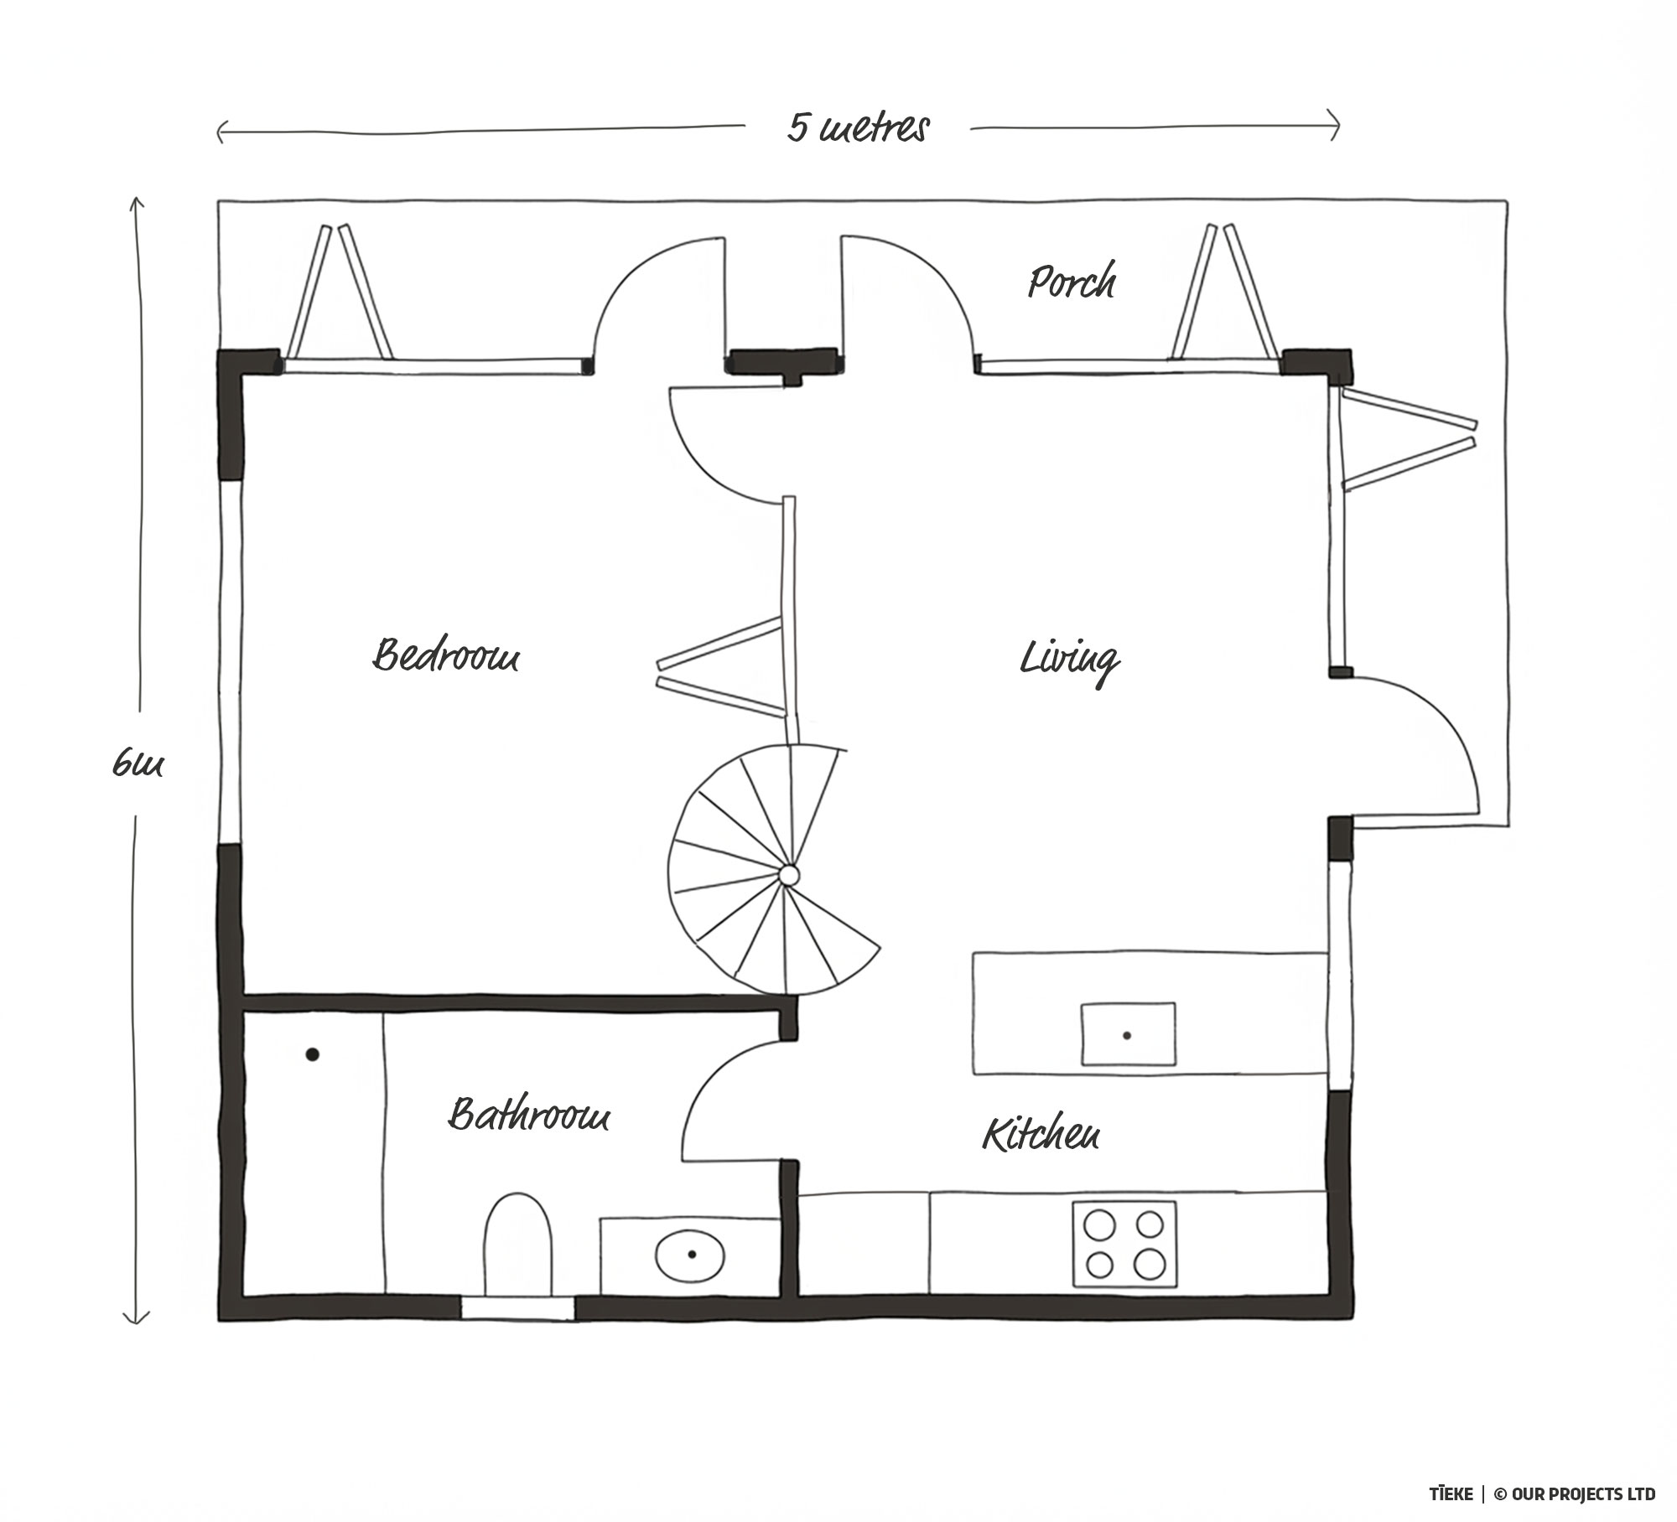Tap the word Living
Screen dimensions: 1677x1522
1069,660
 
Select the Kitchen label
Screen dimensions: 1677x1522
1041,1134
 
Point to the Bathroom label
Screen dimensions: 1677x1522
528,1116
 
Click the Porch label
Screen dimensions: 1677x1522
1072,282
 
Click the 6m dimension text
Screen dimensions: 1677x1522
138,764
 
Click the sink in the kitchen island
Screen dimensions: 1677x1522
1128,1034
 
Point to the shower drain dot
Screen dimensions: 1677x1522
312,1054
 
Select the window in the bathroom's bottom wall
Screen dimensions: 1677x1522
518,1308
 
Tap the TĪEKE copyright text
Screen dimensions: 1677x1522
1542,1494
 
